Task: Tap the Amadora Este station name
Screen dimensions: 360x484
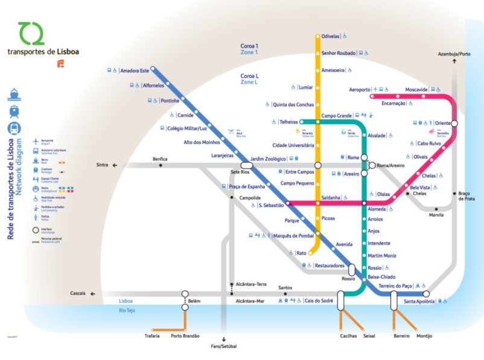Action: (134, 71)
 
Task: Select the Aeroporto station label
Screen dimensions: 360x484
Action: (360, 89)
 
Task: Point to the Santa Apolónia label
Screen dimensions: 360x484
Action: (419, 301)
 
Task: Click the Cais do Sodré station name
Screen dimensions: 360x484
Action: (320, 300)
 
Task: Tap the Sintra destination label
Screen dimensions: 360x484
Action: (102, 165)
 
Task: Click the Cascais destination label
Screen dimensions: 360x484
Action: (78, 294)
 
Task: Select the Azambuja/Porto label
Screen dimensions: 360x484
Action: (454, 54)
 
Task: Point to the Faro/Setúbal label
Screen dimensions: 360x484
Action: (224, 347)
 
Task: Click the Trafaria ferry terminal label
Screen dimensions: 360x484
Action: (153, 336)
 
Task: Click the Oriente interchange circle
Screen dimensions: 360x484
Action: (454, 123)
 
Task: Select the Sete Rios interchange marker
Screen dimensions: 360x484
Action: (246, 165)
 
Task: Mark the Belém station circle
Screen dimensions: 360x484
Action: (185, 294)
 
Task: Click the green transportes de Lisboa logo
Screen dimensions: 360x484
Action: (31, 34)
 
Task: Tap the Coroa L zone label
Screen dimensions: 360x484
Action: (249, 76)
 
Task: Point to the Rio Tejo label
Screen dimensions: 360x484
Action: (127, 310)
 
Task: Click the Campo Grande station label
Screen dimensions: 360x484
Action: (336, 115)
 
